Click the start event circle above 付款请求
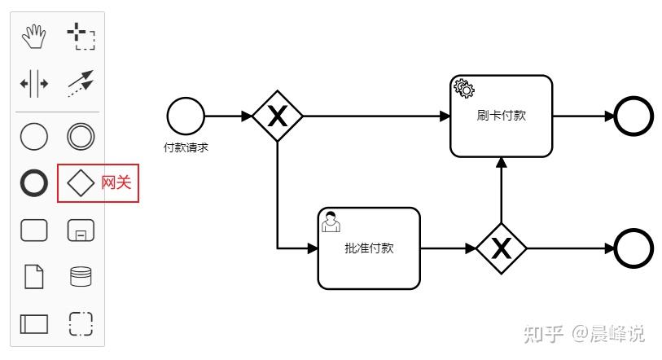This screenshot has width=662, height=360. click(x=186, y=116)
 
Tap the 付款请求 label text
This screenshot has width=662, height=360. click(x=186, y=147)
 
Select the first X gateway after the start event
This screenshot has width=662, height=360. click(x=278, y=116)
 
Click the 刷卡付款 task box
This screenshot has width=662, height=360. click(x=502, y=116)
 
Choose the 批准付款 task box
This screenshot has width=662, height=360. click(x=369, y=248)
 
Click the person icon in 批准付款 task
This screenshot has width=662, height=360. click(x=331, y=221)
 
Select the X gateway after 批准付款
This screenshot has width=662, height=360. click(x=501, y=248)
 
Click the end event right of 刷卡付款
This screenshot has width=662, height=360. click(x=634, y=116)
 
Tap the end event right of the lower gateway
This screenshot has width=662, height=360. click(x=634, y=248)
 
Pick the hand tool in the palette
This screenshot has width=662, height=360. click(x=33, y=36)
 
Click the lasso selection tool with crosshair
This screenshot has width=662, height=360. click(x=80, y=36)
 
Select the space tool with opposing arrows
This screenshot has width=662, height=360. click(x=33, y=83)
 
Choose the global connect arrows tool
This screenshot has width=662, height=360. click(x=80, y=83)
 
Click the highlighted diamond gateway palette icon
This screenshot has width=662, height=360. click(x=80, y=183)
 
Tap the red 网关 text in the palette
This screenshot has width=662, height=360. click(x=116, y=183)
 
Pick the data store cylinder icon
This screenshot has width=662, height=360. click(x=81, y=277)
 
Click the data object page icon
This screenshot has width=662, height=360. click(x=33, y=277)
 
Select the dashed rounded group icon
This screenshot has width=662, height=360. click(x=81, y=323)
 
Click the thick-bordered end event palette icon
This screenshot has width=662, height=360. click(x=33, y=183)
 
